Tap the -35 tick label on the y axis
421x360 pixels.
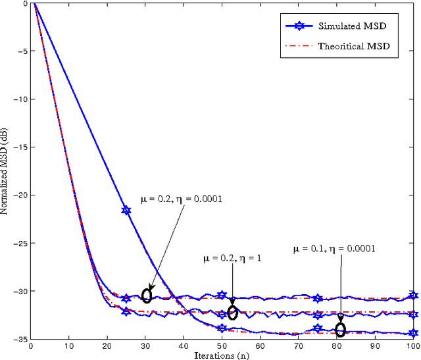point(21,340)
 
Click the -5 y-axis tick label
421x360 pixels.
point(23,52)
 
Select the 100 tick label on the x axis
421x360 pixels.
point(413,346)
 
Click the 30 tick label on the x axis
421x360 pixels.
point(146,346)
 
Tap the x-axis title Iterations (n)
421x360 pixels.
point(222,355)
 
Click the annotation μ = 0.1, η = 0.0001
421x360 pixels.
point(334,249)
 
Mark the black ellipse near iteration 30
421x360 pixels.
point(147,296)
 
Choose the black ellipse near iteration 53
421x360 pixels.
point(232,312)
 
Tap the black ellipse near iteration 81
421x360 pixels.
point(340,330)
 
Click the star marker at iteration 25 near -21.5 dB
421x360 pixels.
point(126,211)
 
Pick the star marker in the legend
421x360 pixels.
point(300,26)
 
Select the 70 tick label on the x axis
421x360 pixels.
point(299,346)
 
